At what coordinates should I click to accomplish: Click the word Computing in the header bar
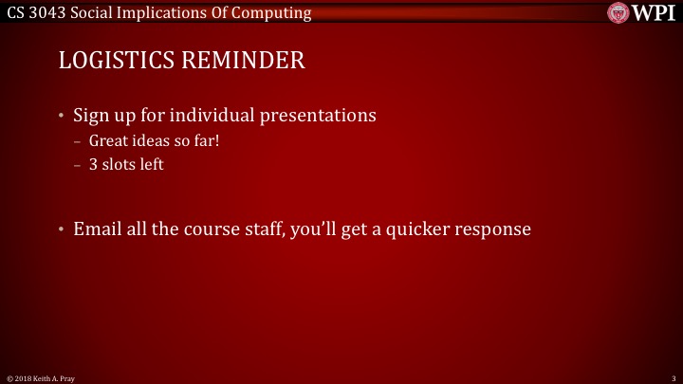[275, 12]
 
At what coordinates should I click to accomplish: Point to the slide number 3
[672, 378]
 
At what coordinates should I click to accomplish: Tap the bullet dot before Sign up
[62, 118]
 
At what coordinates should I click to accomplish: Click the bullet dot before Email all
[62, 229]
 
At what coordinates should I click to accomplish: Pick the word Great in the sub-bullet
[108, 141]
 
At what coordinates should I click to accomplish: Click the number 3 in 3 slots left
[93, 164]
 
